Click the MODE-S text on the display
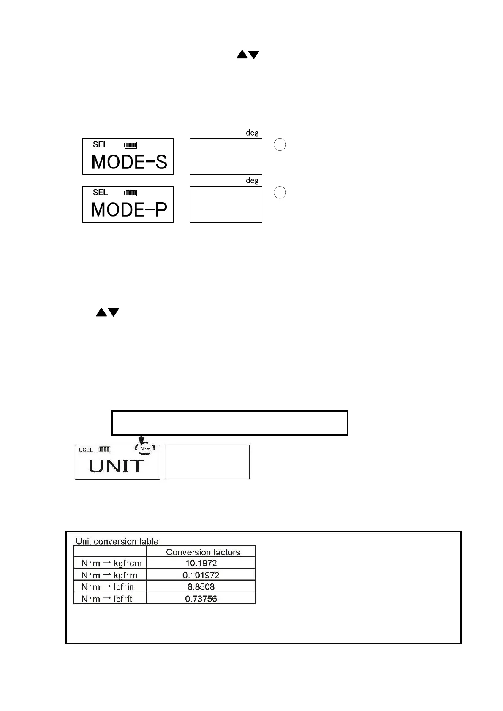(129, 162)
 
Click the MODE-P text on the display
(129, 210)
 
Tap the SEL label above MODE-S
(101, 144)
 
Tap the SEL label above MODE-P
(101, 192)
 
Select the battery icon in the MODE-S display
(131, 145)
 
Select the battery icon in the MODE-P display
(131, 193)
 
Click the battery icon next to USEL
(104, 449)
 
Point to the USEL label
(86, 450)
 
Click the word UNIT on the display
(116, 466)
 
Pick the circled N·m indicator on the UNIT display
(145, 449)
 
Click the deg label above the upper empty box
(252, 133)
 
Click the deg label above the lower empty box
(252, 180)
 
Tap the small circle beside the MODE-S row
(280, 145)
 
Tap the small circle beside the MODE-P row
(280, 193)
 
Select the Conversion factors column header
(203, 552)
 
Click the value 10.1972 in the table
(201, 563)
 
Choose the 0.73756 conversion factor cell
(201, 599)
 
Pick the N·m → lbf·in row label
(108, 587)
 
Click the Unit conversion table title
(117, 541)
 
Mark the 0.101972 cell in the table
(201, 575)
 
